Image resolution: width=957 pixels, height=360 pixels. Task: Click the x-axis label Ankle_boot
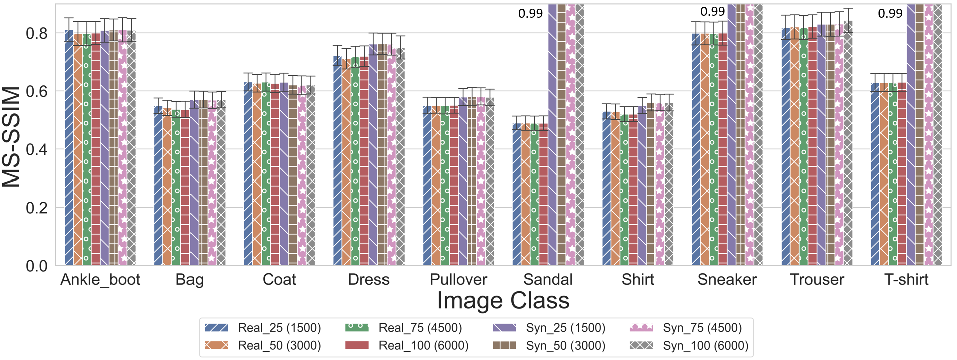100,279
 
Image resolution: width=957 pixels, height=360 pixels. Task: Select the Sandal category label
548,279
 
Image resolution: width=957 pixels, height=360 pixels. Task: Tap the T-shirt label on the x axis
906,279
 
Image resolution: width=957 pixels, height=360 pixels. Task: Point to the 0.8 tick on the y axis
37,33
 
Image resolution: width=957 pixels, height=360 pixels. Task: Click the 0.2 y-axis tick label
37,208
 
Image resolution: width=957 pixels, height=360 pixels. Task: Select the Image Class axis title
503,301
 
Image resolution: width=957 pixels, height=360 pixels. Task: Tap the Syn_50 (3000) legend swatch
504,346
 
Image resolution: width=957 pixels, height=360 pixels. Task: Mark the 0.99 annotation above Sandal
530,14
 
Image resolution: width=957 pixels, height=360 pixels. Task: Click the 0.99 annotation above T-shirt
890,14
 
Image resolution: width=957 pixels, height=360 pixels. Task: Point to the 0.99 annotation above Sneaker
712,11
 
